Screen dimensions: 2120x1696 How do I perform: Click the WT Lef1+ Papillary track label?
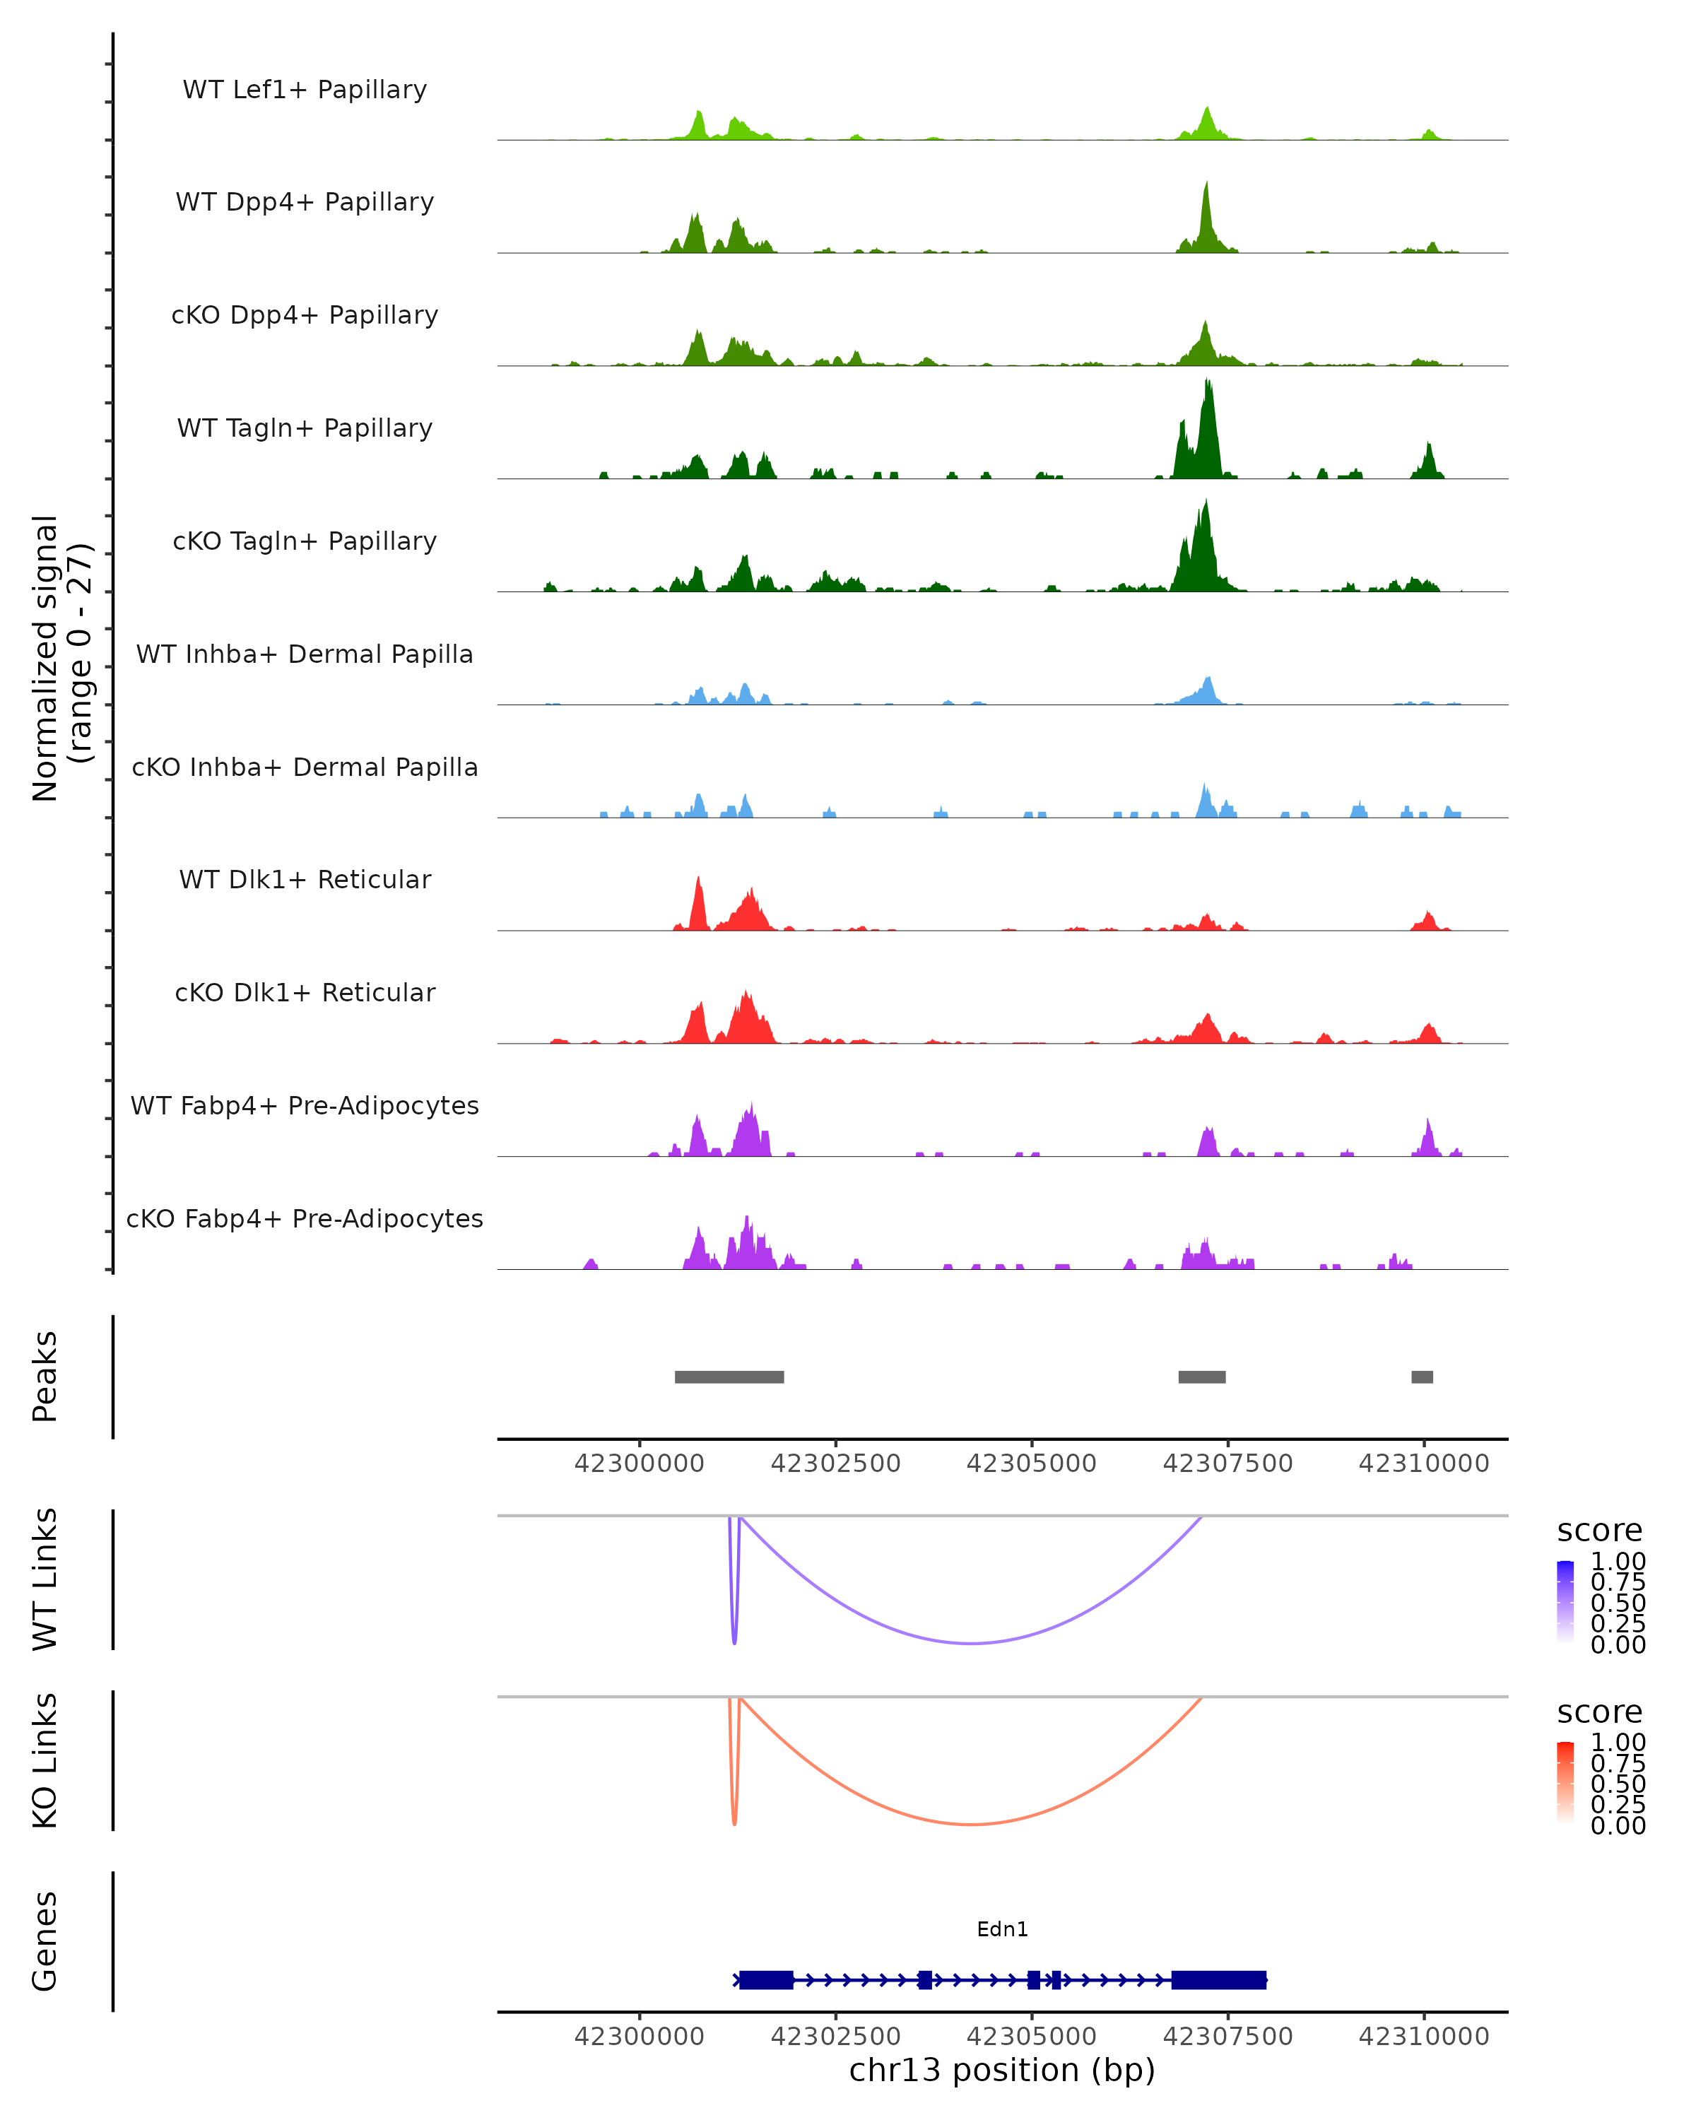pos(305,90)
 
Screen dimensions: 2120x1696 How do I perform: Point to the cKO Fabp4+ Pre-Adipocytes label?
pos(305,1218)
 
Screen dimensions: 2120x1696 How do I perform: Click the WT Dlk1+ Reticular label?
pos(305,880)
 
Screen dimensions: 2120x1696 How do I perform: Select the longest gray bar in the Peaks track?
pos(729,1377)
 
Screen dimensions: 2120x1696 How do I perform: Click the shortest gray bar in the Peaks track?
pos(1422,1377)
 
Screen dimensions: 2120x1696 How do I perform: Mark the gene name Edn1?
pos(1002,1929)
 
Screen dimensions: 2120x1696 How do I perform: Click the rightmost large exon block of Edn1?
pos(1218,1979)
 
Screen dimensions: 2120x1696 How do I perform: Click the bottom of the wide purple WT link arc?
pos(972,1643)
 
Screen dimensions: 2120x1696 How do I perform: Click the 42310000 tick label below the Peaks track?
pos(1424,1464)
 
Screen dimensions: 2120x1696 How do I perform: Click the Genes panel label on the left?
pos(45,1941)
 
